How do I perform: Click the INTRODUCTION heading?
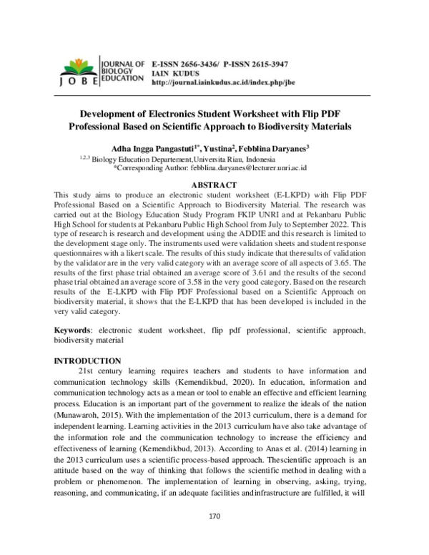(88, 360)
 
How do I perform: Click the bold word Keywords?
(74, 331)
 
